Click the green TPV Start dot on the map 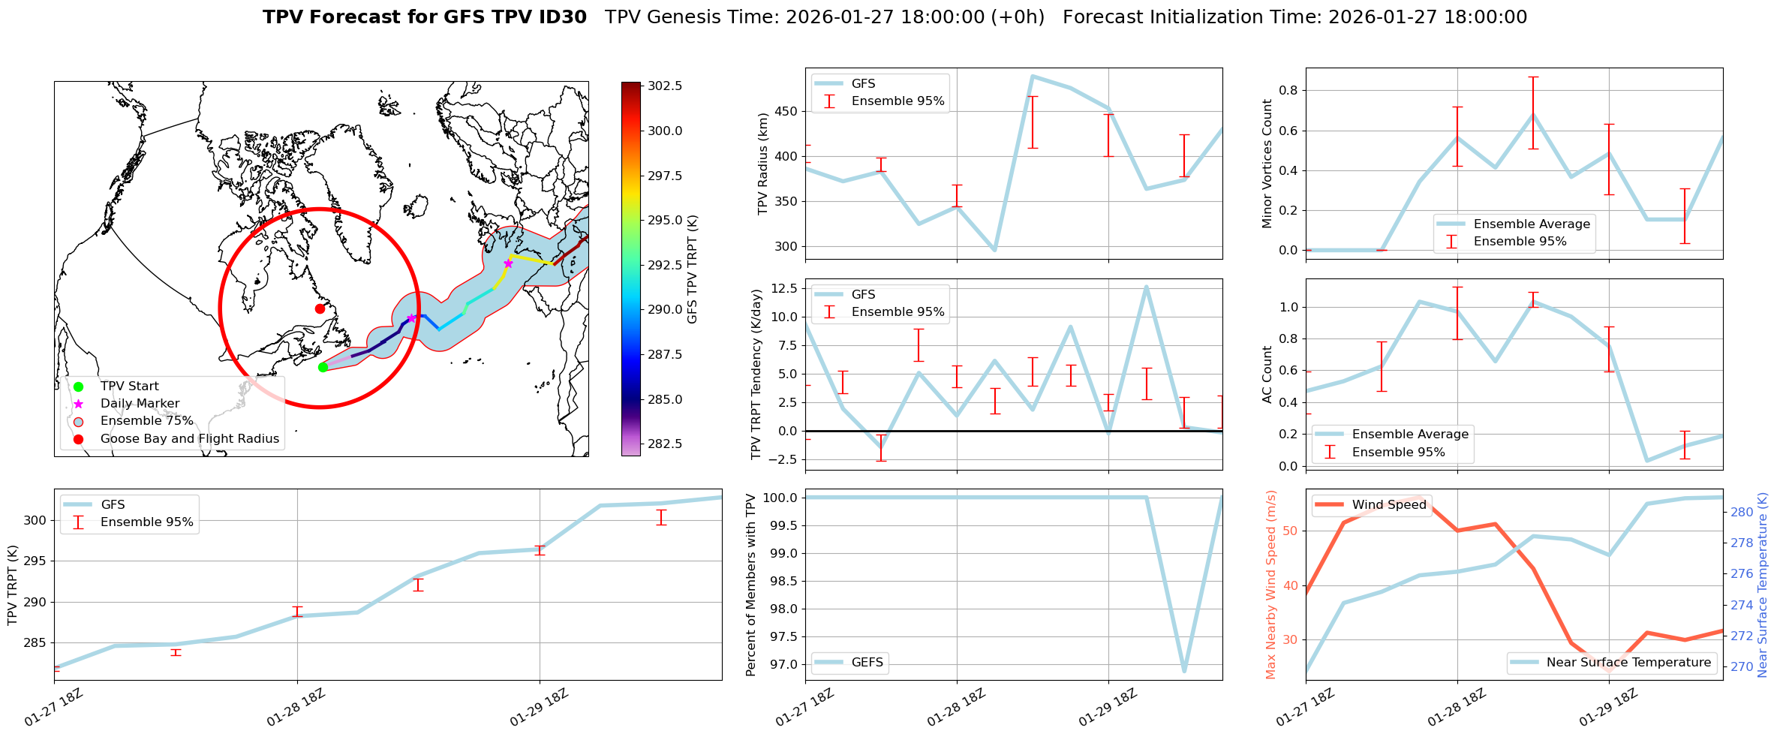[x=323, y=367]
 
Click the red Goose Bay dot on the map [x=320, y=308]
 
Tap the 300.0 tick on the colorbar [x=665, y=131]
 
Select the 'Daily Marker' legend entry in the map [x=140, y=404]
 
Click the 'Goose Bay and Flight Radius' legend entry [x=189, y=439]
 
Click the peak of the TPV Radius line [x=1033, y=76]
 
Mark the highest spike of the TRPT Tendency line [x=1146, y=286]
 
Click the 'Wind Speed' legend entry [x=1388, y=505]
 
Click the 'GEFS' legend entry [x=867, y=663]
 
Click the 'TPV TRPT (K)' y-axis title [x=12, y=585]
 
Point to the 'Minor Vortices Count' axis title [x=1267, y=164]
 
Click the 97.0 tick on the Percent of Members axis [x=783, y=665]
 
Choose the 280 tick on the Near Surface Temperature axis [x=1742, y=513]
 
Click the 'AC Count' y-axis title [x=1267, y=375]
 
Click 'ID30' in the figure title [x=561, y=17]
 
